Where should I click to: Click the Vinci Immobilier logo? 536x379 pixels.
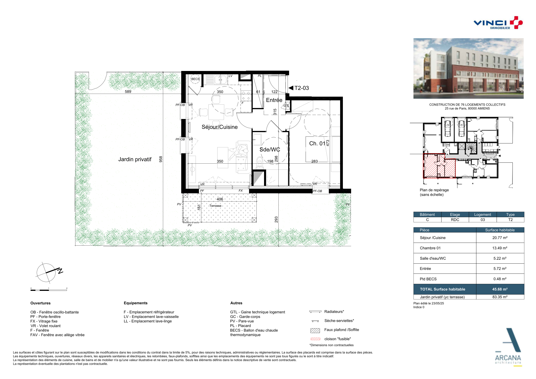(x=498, y=23)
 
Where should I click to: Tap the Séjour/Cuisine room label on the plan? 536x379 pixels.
(x=219, y=127)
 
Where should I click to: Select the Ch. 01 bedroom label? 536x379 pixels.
(x=317, y=143)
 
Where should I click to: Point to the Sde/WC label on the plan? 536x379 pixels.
(x=270, y=150)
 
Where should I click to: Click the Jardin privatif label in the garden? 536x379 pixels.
(x=135, y=159)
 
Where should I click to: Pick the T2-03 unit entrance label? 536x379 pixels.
(x=301, y=88)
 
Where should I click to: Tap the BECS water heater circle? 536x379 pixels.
(x=195, y=79)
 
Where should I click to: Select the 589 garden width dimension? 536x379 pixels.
(x=128, y=91)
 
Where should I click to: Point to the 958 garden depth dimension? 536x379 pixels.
(x=161, y=159)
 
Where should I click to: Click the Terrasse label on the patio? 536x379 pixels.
(x=215, y=206)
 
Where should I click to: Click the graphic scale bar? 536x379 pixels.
(x=49, y=290)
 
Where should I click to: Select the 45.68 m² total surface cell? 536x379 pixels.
(x=500, y=289)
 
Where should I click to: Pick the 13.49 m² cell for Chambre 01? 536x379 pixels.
(x=500, y=248)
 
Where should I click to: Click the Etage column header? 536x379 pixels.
(x=455, y=214)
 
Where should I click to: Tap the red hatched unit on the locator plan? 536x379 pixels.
(x=439, y=166)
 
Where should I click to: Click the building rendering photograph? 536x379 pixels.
(x=468, y=69)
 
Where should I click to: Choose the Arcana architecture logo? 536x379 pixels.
(x=508, y=347)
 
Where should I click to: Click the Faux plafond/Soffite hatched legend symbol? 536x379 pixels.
(x=315, y=330)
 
